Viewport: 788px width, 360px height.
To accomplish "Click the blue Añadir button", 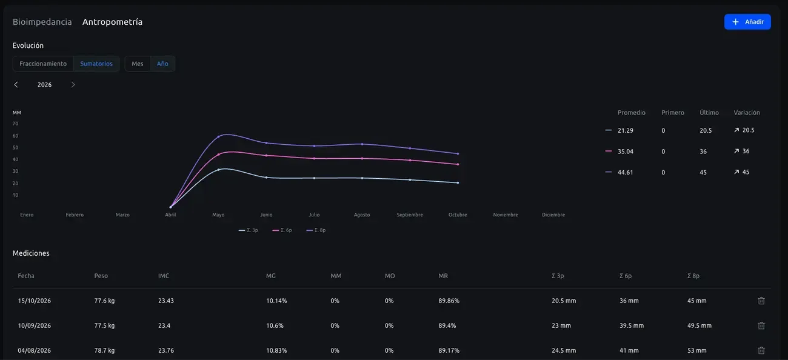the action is click(747, 22).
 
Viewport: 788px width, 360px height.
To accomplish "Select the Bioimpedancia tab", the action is click(42, 22).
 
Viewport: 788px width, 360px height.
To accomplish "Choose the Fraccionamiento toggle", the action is click(43, 64).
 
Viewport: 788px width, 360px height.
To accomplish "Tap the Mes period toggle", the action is click(137, 64).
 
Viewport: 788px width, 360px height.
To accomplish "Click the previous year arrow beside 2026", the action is click(16, 85).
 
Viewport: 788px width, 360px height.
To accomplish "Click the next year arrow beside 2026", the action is click(73, 85).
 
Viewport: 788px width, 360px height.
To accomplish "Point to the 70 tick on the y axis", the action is click(16, 124).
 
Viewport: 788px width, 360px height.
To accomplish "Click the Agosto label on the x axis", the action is click(362, 215).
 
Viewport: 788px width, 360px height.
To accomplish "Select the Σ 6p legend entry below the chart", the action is click(282, 230).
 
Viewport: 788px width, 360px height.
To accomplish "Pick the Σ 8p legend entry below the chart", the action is click(316, 230).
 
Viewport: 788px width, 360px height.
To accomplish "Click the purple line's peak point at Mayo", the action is click(218, 136).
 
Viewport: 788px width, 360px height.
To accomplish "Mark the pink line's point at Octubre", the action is click(458, 164).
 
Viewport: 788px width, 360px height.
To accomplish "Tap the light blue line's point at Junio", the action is click(266, 178).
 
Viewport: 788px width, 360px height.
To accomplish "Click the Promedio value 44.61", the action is click(625, 172).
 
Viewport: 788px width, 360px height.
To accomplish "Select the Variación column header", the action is click(747, 113).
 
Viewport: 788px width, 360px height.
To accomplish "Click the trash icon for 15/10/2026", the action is click(761, 301).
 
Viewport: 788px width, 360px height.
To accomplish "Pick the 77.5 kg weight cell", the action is click(104, 325).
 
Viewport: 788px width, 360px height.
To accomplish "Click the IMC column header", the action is click(164, 276).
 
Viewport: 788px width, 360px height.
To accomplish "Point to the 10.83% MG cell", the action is click(276, 350).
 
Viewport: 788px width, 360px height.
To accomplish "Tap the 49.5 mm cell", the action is click(700, 325).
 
